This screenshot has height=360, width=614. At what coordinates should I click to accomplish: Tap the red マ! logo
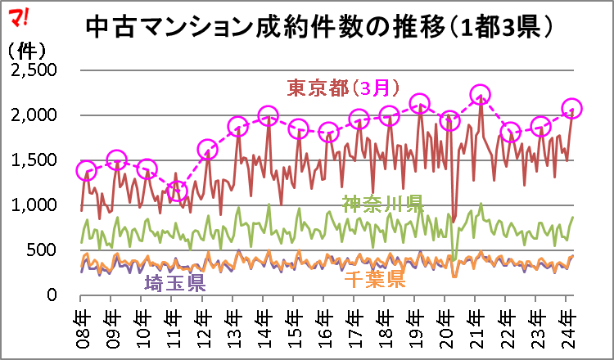coord(20,15)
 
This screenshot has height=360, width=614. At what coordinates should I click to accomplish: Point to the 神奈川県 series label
coord(382,202)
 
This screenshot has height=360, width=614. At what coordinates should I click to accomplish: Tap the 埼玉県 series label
coord(174,283)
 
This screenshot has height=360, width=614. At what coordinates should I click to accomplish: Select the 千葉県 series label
coord(375,279)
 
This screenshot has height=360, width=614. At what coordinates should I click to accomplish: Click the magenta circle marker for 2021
coord(480,95)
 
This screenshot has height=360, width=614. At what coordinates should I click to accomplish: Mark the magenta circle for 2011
coord(177,191)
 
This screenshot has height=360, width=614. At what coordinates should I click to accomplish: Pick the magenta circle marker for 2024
coord(571,108)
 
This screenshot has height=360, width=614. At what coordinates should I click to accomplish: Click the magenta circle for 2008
coord(86,171)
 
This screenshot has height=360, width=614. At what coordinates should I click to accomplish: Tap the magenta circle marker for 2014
coord(268,116)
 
